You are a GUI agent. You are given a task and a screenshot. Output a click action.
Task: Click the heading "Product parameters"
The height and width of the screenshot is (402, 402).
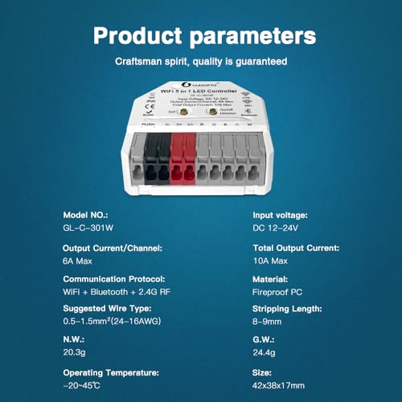point(200,36)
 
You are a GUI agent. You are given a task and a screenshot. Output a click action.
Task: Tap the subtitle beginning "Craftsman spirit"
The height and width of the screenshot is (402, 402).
point(200,62)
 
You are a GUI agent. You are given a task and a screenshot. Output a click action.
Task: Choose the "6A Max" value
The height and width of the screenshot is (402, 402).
point(80,261)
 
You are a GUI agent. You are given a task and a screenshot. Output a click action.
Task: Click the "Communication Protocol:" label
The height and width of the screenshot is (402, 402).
point(114,278)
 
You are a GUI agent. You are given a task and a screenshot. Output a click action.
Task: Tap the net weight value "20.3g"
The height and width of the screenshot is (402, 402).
point(76,351)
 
